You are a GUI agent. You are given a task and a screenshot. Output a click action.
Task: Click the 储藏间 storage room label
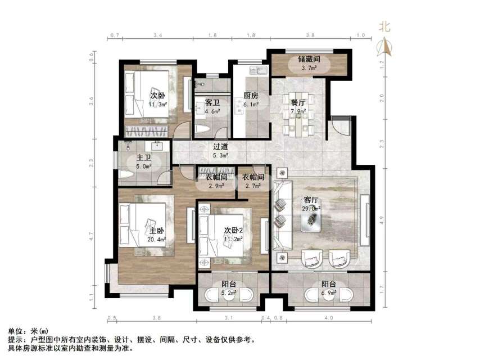tap(309, 58)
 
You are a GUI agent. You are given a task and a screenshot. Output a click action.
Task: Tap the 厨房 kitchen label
tap(250, 96)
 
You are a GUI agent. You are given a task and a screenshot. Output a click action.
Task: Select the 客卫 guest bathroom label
tap(212, 103)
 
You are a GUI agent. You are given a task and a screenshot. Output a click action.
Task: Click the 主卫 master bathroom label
tap(143, 158)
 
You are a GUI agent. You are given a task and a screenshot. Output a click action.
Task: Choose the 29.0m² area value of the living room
tap(312, 209)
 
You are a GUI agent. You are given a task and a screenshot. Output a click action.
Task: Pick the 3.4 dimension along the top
tap(158, 35)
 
